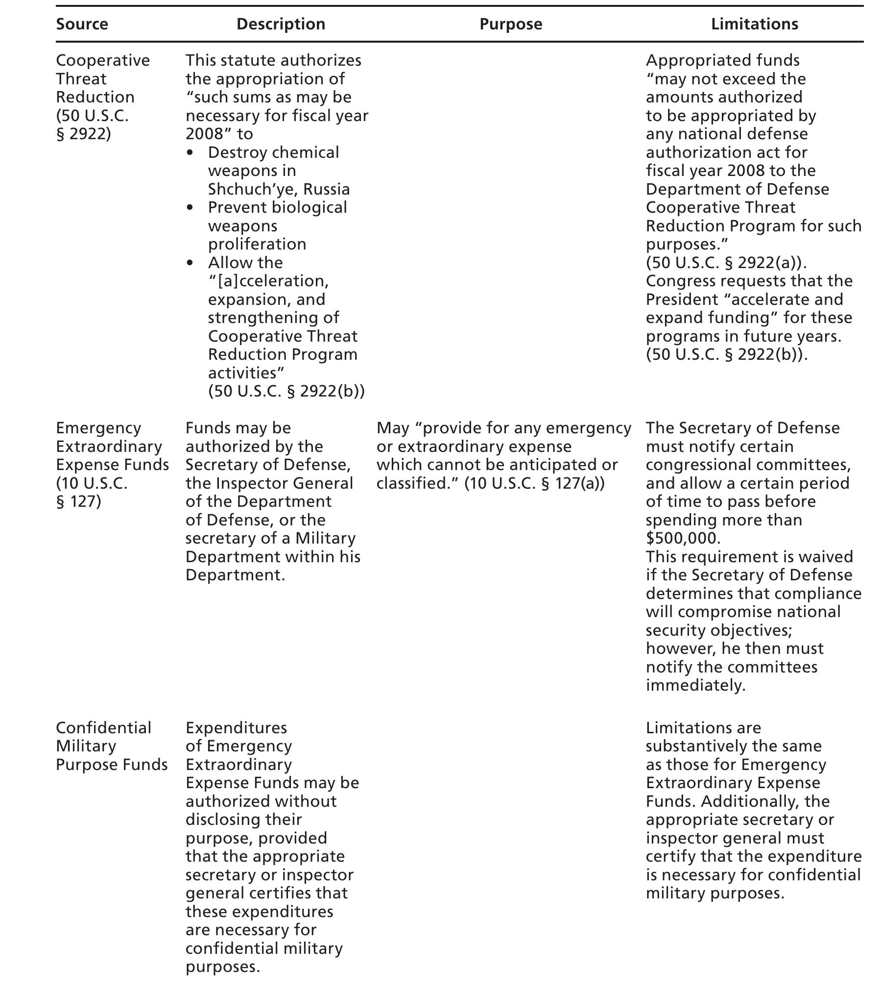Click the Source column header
(x=82, y=24)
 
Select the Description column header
(x=281, y=24)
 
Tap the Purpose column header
(x=511, y=24)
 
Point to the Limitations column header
(x=754, y=24)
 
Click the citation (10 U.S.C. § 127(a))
(x=534, y=483)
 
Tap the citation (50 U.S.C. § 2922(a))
(x=726, y=263)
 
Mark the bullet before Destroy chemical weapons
(x=190, y=153)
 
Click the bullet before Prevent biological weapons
(x=190, y=208)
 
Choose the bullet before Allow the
(x=190, y=263)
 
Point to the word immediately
(x=695, y=685)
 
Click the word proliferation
(x=257, y=244)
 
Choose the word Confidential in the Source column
(x=104, y=728)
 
